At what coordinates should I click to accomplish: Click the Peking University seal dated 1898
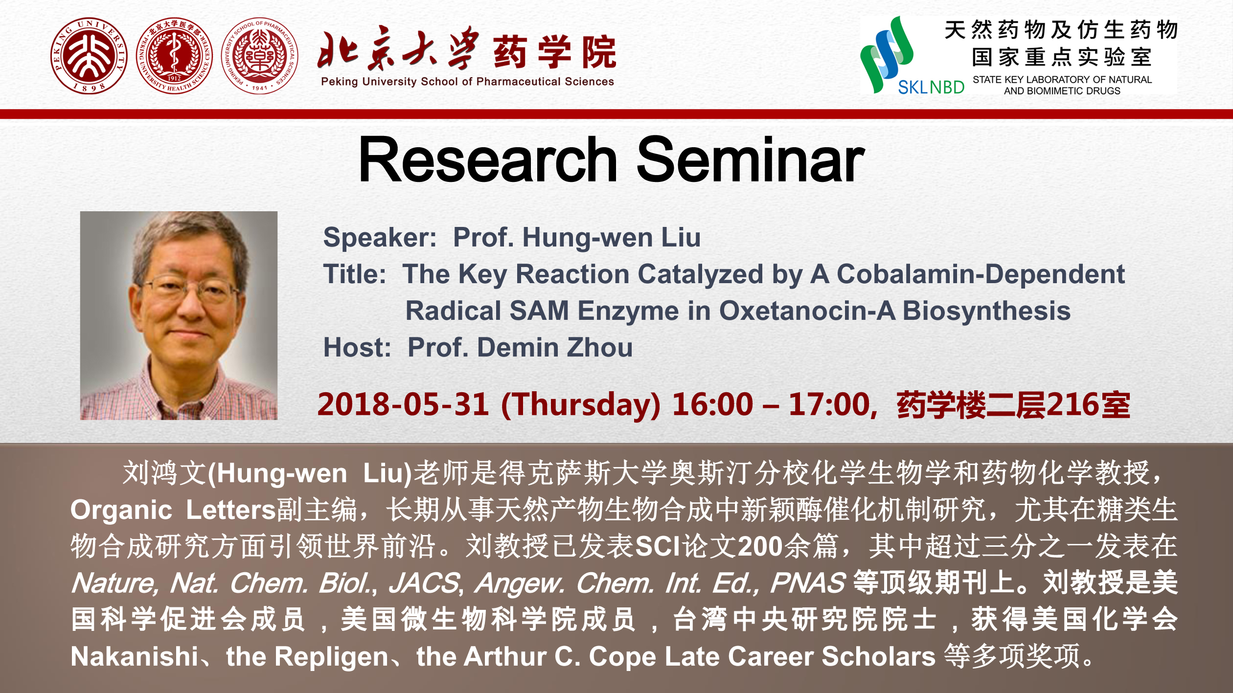[89, 56]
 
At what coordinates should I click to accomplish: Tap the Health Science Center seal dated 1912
[175, 56]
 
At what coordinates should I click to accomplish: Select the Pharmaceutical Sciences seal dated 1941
[260, 56]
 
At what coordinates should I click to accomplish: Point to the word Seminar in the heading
[751, 160]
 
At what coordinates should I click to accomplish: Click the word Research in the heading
[488, 160]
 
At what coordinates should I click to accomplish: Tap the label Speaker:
[380, 238]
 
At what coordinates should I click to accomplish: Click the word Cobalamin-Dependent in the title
[981, 274]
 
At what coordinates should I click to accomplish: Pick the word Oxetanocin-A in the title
[807, 311]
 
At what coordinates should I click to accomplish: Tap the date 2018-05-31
[403, 404]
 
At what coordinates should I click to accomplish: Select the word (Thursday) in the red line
[581, 405]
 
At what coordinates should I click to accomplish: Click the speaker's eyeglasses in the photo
[192, 290]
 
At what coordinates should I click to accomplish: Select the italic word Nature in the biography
[114, 583]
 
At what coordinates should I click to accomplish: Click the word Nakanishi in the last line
[135, 656]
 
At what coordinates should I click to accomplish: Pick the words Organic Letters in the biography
[174, 510]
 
